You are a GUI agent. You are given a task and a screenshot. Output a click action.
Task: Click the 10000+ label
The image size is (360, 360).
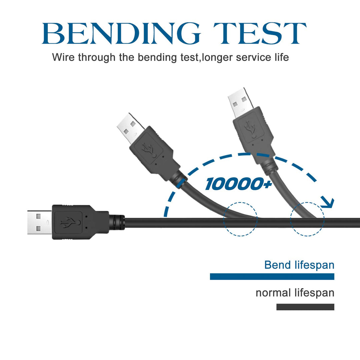click(x=239, y=184)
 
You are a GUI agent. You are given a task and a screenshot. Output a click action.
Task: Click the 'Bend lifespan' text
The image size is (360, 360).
click(x=299, y=265)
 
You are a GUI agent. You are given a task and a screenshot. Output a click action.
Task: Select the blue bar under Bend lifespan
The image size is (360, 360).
click(x=272, y=276)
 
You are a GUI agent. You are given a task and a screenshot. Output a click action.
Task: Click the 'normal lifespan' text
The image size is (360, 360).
click(x=295, y=293)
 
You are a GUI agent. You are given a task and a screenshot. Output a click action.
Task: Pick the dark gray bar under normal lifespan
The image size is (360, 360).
click(x=305, y=307)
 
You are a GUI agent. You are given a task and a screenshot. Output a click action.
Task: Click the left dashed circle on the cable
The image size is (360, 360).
click(x=240, y=219)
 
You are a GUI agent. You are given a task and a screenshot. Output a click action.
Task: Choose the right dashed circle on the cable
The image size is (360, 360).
click(x=307, y=219)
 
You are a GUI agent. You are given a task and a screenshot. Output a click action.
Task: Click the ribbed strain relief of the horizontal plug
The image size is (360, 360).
click(x=117, y=222)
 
